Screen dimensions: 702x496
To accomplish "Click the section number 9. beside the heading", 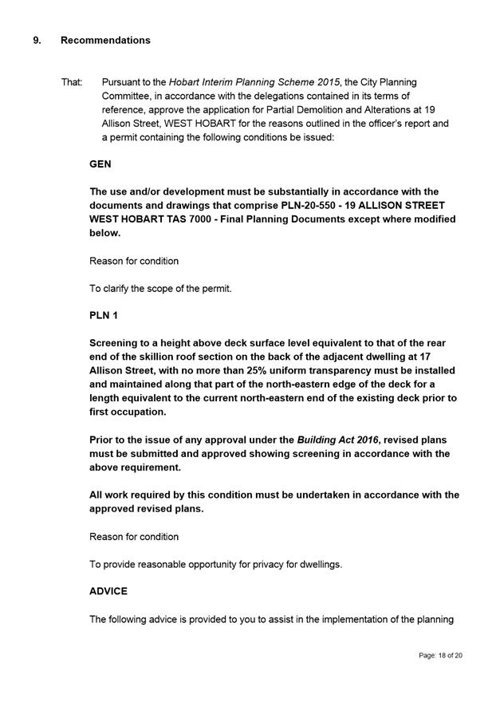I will click(37, 40).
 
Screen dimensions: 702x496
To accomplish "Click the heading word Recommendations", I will click(105, 40).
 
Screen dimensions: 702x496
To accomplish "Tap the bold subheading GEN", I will click(100, 164).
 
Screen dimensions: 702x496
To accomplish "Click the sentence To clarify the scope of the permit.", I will click(160, 289).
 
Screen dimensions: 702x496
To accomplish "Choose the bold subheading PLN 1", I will click(104, 316).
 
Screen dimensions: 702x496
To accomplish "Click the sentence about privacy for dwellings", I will click(215, 564).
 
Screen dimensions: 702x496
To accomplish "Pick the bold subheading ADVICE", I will click(108, 592).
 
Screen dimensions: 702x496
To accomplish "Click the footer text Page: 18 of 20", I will click(440, 655).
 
